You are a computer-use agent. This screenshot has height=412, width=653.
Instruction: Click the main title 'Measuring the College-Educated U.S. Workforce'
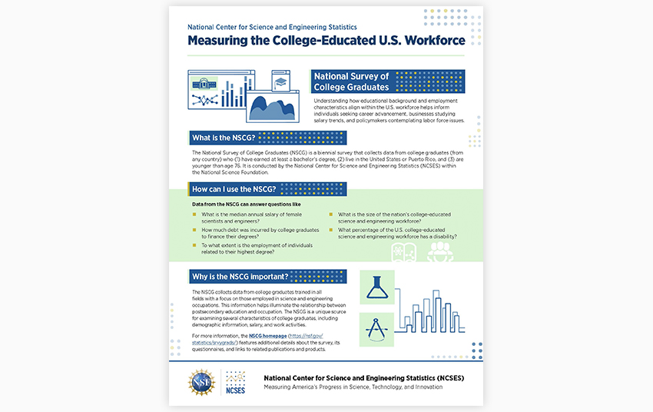point(326,41)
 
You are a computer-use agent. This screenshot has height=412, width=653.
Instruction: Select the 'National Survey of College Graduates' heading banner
point(353,81)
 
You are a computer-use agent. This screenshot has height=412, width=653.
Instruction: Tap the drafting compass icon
point(376,330)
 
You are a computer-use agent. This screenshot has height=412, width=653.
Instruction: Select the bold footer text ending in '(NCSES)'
point(363,377)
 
